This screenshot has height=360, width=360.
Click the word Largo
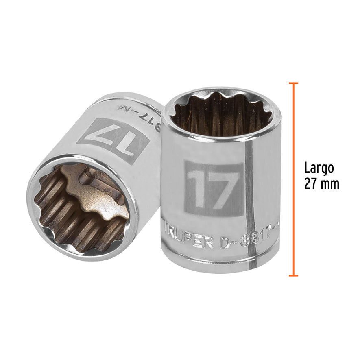pos(319,168)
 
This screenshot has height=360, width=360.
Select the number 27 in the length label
pos(311,183)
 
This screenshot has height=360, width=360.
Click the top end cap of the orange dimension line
pos(293,83)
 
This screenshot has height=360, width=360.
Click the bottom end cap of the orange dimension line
pos(293,276)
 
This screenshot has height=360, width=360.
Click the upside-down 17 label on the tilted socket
pos(112,140)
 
